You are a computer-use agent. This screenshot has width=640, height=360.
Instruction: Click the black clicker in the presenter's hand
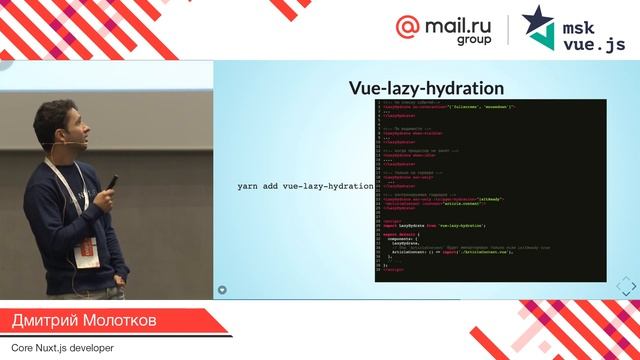click(x=112, y=182)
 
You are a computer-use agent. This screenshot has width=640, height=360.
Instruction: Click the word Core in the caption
click(x=17, y=347)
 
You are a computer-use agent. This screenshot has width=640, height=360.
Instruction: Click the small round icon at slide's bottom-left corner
click(x=222, y=290)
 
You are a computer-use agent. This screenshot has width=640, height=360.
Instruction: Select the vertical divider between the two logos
click(x=510, y=30)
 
